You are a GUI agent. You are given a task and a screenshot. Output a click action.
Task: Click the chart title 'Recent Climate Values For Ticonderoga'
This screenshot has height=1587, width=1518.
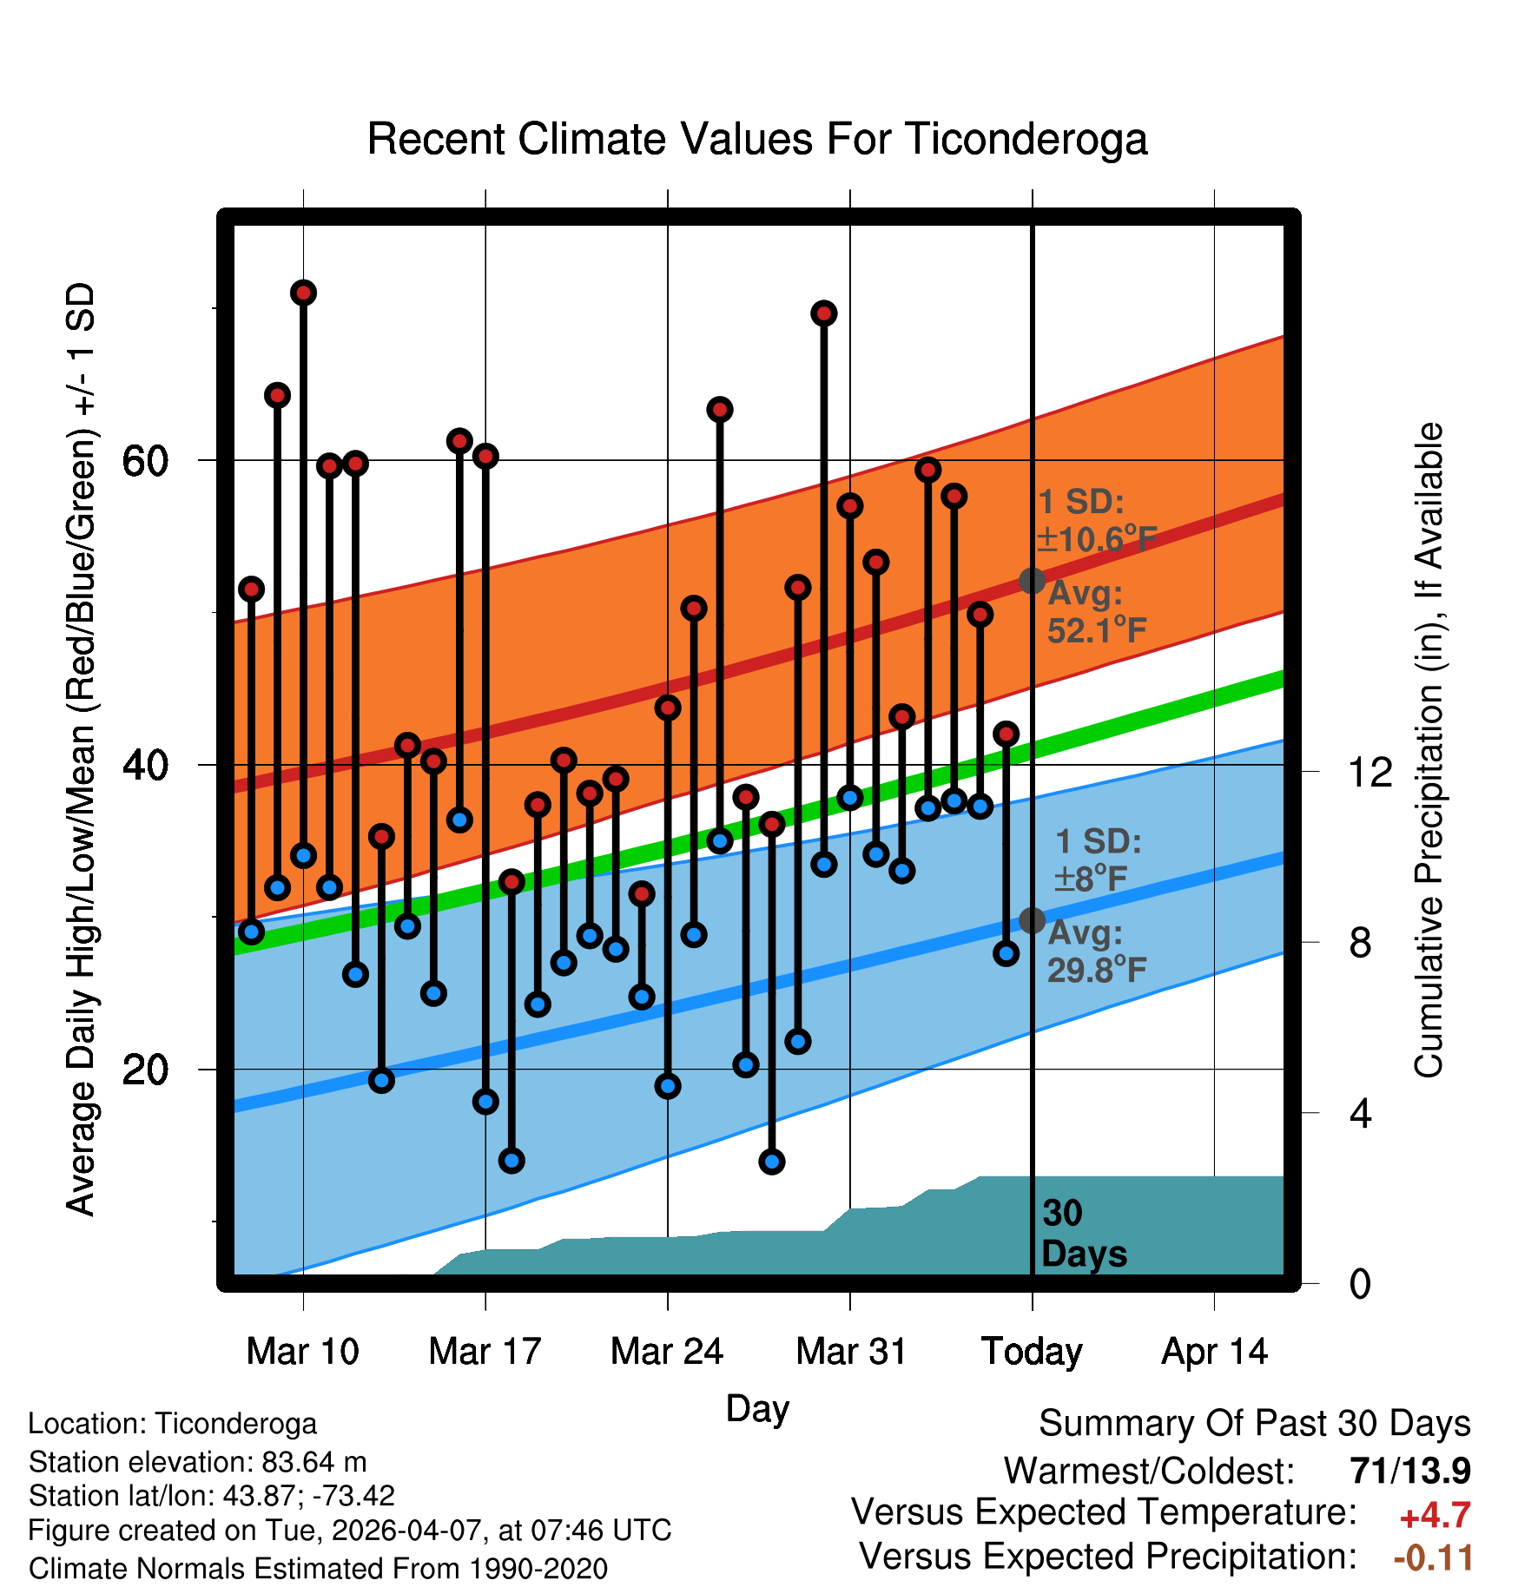pos(757,139)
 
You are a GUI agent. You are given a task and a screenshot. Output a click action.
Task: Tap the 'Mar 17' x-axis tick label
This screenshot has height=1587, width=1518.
pos(485,1352)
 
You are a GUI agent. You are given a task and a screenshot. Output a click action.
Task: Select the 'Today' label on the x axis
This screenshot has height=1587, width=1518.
pos(1032,1352)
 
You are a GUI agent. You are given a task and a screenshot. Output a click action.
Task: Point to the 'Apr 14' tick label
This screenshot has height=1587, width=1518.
pos(1215,1352)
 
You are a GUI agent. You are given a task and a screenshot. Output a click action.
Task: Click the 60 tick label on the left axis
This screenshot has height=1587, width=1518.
pos(145,460)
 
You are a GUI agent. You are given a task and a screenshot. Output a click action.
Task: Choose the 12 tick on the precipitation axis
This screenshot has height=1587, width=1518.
pos(1371,771)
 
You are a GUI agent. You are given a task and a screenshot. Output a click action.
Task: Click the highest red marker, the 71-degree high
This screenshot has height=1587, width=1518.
pos(303,293)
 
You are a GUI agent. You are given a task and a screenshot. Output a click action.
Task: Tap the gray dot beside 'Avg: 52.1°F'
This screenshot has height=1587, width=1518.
pos(1032,580)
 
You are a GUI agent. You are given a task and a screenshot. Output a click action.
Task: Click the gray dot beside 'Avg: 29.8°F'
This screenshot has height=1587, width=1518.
pos(1032,920)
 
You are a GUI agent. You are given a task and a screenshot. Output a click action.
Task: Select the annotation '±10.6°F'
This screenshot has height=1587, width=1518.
pos(1097,539)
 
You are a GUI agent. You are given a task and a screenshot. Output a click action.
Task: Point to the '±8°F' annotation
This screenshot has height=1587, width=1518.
pos(1091,879)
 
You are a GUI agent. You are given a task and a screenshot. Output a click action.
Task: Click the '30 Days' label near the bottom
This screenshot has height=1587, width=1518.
pos(1084,1234)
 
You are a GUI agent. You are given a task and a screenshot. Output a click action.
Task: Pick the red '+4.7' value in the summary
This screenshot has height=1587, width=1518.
pos(1435,1516)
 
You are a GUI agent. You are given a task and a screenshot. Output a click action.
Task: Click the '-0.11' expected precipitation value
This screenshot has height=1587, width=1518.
pos(1433,1558)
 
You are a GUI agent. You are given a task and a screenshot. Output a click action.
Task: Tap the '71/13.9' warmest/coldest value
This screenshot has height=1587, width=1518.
pos(1410,1471)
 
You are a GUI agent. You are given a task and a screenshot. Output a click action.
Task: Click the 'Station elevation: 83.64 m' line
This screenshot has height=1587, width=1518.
pos(197,1462)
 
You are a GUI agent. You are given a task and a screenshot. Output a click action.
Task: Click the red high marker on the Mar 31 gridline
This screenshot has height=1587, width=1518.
pos(850,505)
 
